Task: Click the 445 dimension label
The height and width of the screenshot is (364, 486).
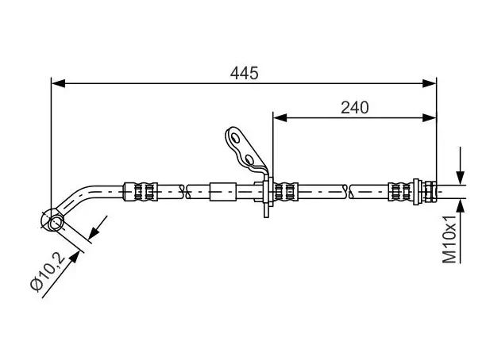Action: [245, 74]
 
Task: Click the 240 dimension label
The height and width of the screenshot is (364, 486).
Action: [355, 108]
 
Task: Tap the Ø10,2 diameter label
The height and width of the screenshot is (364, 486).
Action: [48, 271]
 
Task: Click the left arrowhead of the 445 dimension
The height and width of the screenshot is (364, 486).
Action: [58, 83]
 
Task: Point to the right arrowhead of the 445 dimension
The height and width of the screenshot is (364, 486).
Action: [430, 83]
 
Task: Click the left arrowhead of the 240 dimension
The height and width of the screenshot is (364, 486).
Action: [280, 117]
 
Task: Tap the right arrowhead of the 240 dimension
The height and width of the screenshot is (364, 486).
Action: [430, 117]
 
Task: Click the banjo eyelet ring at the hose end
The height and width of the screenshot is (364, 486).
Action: [52, 220]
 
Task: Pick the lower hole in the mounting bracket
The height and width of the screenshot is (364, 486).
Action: [249, 159]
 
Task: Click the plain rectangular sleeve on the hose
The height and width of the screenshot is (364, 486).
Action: [223, 192]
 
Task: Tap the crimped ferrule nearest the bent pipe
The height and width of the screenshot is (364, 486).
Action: [141, 192]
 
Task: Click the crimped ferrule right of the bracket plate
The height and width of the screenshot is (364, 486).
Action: [286, 192]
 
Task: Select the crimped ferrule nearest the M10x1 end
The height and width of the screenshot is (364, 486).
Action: [401, 192]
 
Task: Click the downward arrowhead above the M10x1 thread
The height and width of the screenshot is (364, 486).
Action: [461, 178]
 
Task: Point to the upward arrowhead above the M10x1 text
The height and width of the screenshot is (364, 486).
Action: [461, 206]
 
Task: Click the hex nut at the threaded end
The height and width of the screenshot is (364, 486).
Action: [430, 192]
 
